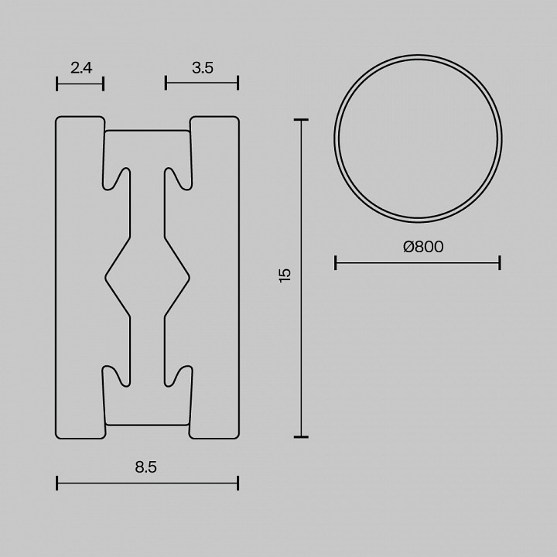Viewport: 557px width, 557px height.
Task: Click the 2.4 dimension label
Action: click(81, 68)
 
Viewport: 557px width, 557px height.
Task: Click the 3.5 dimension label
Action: click(202, 68)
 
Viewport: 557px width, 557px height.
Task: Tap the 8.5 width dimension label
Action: click(145, 466)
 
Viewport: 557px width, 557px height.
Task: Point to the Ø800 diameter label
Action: click(423, 247)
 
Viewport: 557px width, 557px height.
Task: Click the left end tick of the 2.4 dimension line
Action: click(57, 84)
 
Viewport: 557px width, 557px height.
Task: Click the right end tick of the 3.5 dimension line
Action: click(237, 84)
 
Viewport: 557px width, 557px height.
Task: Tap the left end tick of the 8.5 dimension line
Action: click(57, 484)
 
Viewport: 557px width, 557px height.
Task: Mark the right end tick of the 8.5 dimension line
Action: click(237, 484)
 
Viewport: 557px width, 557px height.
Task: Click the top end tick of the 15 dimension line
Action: click(301, 120)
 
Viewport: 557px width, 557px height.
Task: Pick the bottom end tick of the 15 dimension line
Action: click(301, 437)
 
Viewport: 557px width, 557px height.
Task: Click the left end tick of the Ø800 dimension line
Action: click(336, 263)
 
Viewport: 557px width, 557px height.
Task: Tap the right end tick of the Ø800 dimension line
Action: click(500, 263)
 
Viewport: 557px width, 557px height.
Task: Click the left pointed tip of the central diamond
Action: click(105, 276)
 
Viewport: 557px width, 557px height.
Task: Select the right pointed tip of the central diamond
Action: click(190, 276)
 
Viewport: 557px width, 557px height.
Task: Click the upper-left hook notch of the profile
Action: click(118, 178)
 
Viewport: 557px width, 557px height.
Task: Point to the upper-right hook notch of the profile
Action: click(176, 178)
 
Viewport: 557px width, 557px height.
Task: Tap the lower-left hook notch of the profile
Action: click(118, 375)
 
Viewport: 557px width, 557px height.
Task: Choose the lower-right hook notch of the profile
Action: click(176, 375)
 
